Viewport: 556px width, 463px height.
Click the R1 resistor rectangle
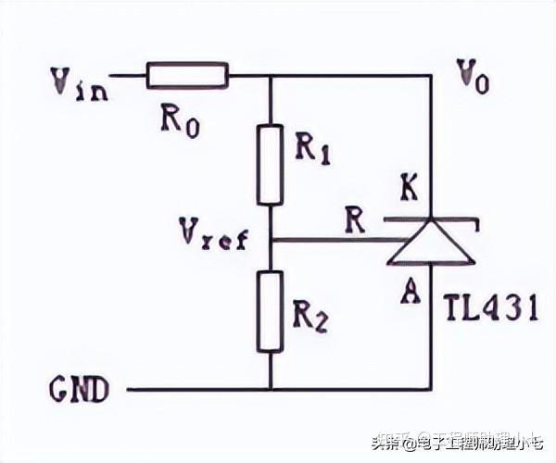(x=270, y=165)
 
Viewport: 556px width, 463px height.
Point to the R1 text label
(x=312, y=148)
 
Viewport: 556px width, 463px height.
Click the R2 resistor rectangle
(x=270, y=311)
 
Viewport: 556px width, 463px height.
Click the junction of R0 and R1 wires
(x=270, y=76)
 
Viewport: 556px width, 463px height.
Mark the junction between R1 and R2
(x=270, y=240)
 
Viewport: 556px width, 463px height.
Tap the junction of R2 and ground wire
(x=270, y=389)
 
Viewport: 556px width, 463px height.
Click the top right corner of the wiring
(x=433, y=76)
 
